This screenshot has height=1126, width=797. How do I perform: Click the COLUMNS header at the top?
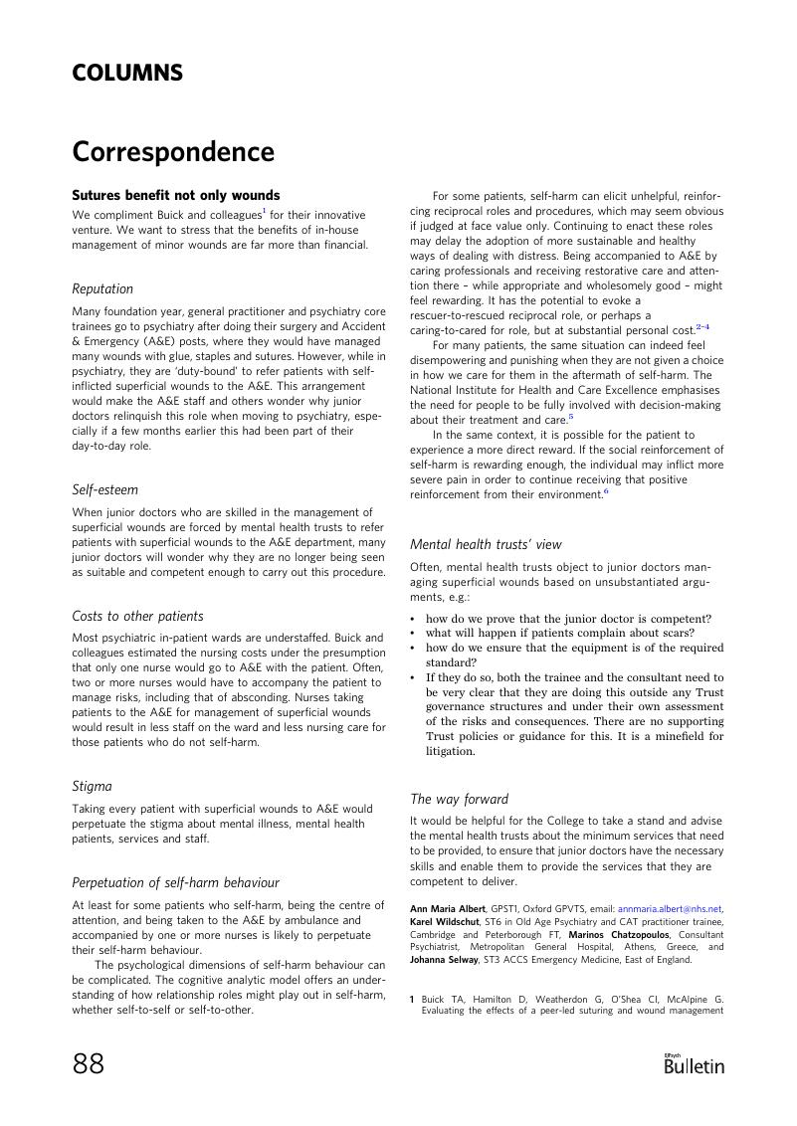pos(127,74)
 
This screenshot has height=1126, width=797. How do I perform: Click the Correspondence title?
pos(173,152)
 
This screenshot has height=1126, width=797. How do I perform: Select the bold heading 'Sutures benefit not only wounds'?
pos(176,196)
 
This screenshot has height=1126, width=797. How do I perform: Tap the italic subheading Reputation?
pos(102,289)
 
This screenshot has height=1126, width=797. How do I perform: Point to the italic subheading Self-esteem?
pos(105,490)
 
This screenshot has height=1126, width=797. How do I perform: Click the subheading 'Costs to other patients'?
pos(137,617)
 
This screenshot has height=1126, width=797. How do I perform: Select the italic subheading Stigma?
pos(92,787)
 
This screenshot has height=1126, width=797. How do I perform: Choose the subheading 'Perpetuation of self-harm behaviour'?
pos(175,883)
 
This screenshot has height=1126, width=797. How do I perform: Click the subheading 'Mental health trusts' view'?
pos(486,545)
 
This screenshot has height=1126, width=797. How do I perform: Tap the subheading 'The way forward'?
pos(459,800)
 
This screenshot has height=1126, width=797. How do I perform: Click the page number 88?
pos(89,1064)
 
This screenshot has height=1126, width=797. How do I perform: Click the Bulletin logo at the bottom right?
pos(694,1065)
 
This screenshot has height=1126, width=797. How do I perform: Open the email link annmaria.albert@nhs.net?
pos(670,909)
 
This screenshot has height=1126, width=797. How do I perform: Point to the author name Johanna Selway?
pos(444,961)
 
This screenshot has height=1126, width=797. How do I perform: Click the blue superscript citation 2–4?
pos(702,327)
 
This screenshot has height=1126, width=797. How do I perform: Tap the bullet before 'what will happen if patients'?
pos(413,634)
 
